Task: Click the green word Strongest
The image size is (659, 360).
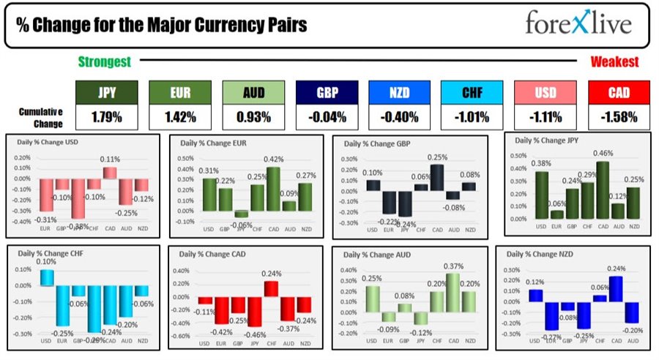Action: [x=105, y=62]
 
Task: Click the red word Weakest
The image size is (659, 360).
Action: [x=614, y=62]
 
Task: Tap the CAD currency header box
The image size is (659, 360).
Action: [x=618, y=93]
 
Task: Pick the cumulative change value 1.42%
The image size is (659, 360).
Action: [x=179, y=116]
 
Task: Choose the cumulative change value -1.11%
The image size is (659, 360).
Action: [x=545, y=116]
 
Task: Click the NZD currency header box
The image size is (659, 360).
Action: [x=398, y=93]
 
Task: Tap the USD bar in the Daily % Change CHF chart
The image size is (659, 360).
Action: [x=45, y=277]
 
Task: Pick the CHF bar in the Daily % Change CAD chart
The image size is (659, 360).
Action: [x=271, y=288]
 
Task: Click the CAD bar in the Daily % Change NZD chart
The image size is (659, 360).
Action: [x=616, y=288]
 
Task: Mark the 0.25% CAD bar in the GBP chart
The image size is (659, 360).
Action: [x=437, y=177]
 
